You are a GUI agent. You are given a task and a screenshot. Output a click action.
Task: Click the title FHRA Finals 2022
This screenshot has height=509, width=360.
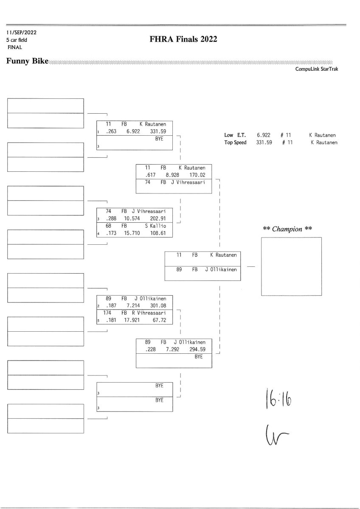(x=183, y=39)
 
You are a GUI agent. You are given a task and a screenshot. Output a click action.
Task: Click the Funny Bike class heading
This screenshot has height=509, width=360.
(x=27, y=62)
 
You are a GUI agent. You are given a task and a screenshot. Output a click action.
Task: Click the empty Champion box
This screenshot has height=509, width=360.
(x=291, y=266)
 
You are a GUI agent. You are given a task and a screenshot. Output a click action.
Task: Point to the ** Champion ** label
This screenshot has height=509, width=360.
(x=288, y=229)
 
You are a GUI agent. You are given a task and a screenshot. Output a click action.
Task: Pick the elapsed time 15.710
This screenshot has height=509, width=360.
(x=132, y=233)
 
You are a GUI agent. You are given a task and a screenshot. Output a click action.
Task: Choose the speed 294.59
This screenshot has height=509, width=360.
(x=197, y=349)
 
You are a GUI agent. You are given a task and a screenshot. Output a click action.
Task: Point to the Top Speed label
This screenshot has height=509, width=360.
(x=235, y=143)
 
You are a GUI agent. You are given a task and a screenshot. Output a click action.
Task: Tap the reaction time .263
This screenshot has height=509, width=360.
(x=111, y=131)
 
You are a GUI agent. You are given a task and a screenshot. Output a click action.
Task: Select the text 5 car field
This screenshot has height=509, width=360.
(x=17, y=40)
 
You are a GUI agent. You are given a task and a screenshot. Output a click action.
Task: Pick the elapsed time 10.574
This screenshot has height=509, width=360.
(x=132, y=218)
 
